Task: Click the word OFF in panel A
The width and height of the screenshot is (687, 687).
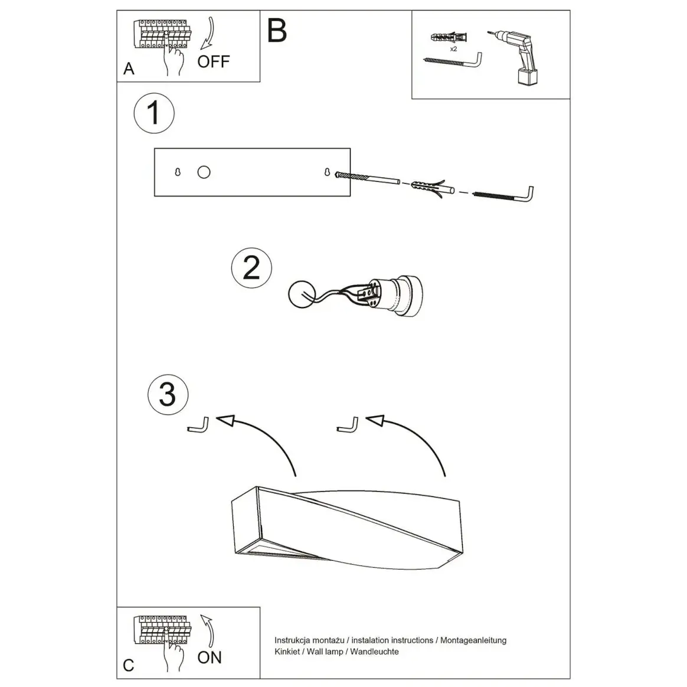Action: (x=214, y=62)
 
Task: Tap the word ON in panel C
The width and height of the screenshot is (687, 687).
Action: (x=210, y=657)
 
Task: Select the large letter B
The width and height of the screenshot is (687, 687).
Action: (x=277, y=31)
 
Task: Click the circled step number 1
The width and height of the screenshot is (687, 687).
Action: (x=154, y=113)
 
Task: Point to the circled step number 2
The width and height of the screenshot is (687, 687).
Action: (x=251, y=268)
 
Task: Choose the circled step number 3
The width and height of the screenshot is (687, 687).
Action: (x=168, y=394)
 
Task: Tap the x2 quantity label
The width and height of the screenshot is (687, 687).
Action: (x=453, y=49)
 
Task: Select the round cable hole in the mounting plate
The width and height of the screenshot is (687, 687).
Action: (x=204, y=172)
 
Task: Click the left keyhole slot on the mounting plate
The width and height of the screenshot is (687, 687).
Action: (x=178, y=172)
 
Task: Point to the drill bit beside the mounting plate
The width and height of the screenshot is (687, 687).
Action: (x=367, y=178)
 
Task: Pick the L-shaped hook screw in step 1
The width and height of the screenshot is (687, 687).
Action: (x=504, y=195)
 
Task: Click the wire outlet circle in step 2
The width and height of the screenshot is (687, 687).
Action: (x=302, y=294)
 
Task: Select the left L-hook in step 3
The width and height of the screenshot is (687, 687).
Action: (x=198, y=425)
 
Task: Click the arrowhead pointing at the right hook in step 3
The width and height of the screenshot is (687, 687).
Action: (x=375, y=421)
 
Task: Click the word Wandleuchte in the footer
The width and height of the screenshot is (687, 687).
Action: (x=374, y=652)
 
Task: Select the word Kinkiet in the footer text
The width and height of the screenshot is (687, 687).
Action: (x=287, y=652)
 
